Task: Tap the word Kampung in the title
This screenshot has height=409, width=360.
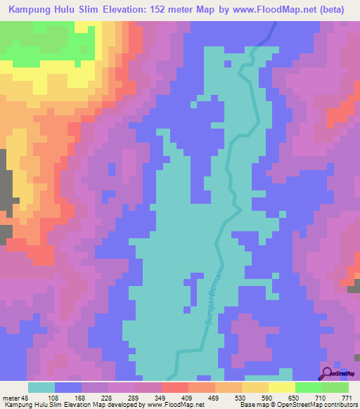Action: pyautogui.click(x=32, y=10)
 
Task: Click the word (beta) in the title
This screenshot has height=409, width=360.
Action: pyautogui.click(x=340, y=10)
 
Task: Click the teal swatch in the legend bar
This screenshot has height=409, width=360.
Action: pyautogui.click(x=41, y=387)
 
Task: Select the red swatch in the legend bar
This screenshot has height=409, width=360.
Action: pyautogui.click(x=175, y=387)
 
